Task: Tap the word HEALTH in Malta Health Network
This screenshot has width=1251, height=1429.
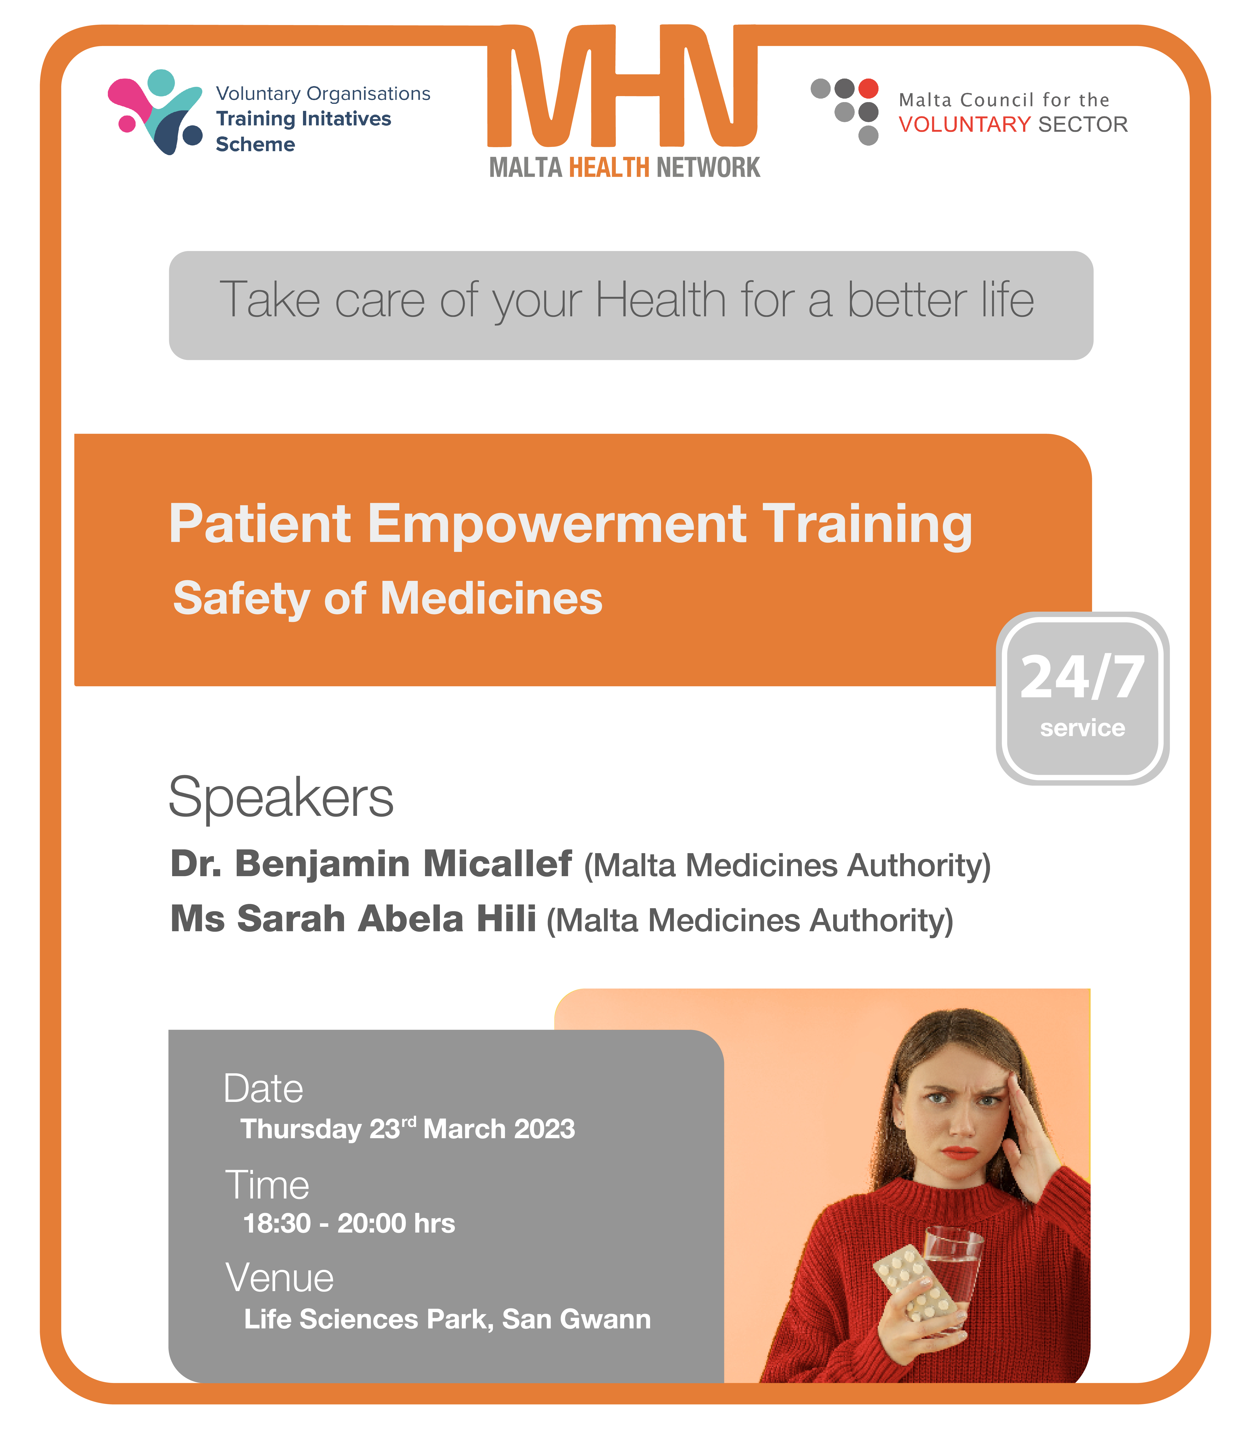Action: pos(609,167)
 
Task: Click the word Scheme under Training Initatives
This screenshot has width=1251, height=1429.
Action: pos(255,144)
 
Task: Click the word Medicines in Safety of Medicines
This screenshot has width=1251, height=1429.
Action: pos(491,598)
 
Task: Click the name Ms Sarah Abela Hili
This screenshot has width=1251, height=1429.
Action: pos(353,919)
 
